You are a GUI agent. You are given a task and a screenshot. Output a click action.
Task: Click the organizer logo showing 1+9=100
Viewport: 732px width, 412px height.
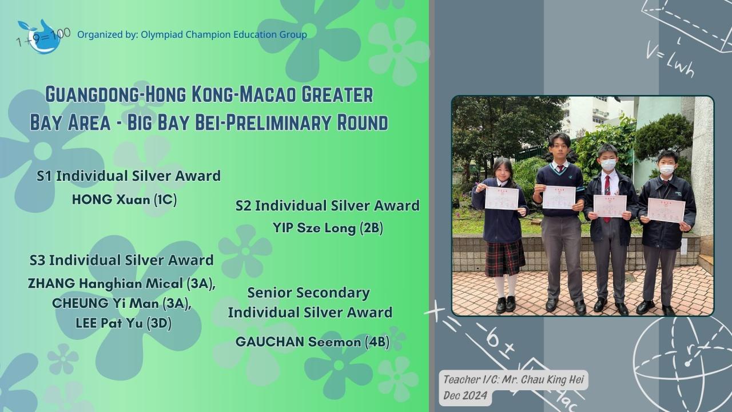42,37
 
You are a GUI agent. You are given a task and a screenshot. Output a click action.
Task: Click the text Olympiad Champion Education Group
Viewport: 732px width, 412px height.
224,35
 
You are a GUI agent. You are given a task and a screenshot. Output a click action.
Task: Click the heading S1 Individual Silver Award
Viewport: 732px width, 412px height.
129,176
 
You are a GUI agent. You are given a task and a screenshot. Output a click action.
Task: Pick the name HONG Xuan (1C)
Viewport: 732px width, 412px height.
124,200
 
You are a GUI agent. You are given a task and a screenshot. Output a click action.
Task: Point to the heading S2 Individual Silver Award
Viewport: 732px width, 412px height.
328,206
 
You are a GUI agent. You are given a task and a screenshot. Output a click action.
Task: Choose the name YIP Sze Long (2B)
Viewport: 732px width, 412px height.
328,228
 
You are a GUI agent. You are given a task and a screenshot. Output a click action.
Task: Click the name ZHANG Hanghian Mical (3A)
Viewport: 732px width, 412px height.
122,283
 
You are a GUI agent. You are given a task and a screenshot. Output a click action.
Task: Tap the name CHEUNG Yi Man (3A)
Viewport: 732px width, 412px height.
122,303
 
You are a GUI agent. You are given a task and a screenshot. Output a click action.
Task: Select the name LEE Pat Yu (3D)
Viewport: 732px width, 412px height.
124,323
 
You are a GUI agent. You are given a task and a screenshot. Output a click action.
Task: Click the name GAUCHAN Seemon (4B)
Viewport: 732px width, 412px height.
312,342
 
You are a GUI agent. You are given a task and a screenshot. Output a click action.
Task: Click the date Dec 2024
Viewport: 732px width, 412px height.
465,395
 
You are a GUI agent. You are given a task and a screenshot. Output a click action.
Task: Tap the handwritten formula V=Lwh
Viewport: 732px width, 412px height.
670,61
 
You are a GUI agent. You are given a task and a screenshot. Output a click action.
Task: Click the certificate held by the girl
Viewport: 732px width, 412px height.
502,198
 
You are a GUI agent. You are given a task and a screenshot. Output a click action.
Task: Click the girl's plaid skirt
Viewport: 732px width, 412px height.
505,258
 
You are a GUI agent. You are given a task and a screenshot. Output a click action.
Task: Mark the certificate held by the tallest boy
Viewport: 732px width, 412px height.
559,197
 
